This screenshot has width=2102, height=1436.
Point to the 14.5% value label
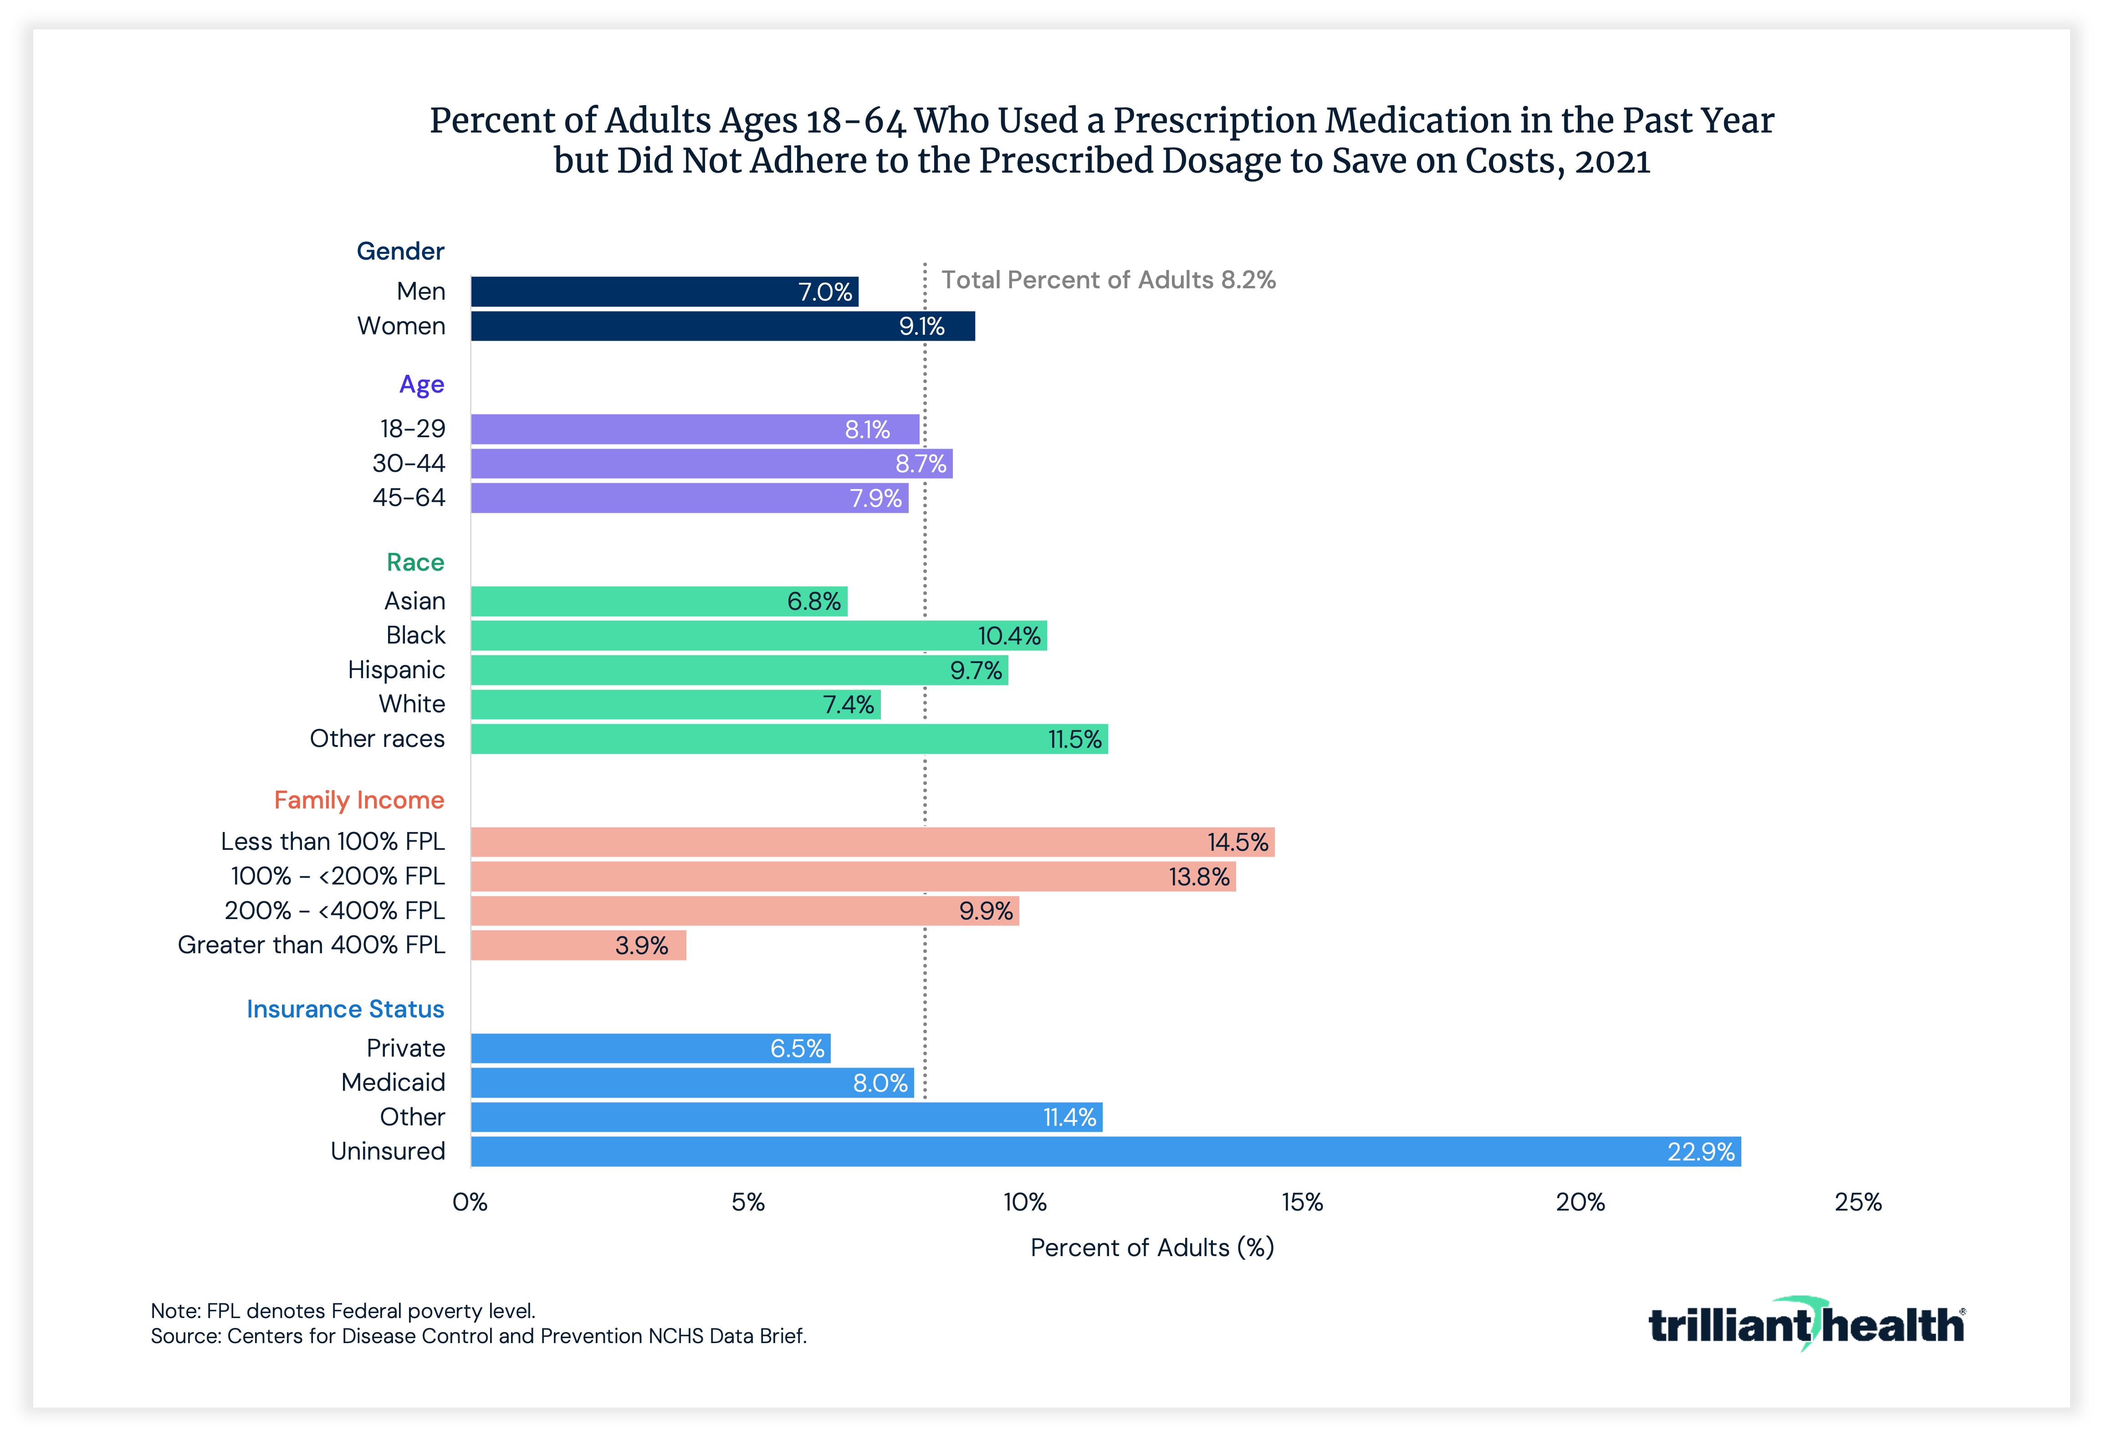click(x=1238, y=842)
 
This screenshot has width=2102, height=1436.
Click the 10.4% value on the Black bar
click(x=1008, y=636)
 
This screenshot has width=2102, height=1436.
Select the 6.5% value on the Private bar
click(x=797, y=1048)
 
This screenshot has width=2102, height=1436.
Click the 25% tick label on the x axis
click(x=1858, y=1202)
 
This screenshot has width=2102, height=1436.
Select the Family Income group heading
click(x=359, y=800)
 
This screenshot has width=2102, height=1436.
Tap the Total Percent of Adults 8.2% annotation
click(x=1108, y=281)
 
